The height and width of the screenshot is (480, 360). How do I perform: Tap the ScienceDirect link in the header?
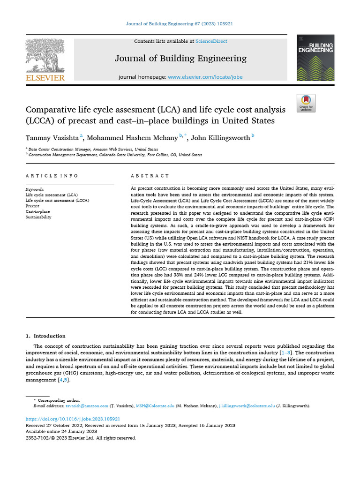click(x=211, y=41)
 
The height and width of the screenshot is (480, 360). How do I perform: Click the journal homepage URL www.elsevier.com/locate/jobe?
click(x=205, y=77)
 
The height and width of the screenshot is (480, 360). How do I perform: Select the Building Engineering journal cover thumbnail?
click(x=315, y=58)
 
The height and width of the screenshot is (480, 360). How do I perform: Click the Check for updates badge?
click(x=306, y=103)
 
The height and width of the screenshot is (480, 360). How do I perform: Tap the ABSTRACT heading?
click(x=150, y=176)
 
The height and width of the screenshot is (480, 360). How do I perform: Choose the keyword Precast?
click(x=32, y=206)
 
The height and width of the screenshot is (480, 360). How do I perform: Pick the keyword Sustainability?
click(x=38, y=217)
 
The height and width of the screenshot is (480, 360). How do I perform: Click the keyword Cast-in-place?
click(x=37, y=211)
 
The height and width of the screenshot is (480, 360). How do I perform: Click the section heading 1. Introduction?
click(x=45, y=336)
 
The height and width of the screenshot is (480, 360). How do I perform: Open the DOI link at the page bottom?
click(x=73, y=419)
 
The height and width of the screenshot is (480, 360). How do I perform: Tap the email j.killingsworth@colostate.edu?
click(x=247, y=406)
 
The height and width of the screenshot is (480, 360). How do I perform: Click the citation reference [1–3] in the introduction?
click(x=286, y=352)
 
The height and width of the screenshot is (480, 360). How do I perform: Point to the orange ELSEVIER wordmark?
click(x=45, y=78)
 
